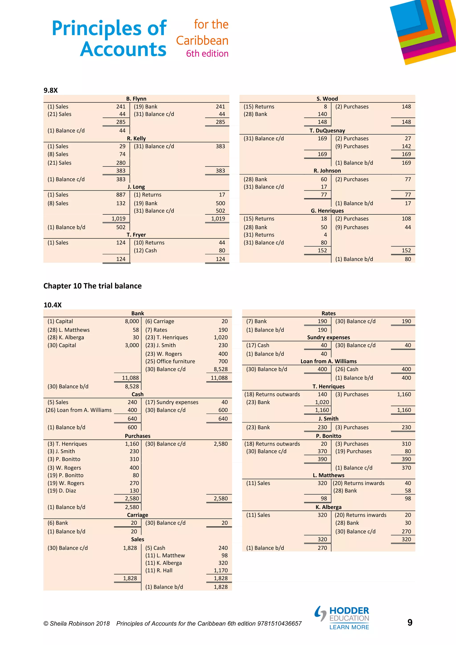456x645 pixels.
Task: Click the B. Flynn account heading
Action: (136, 99)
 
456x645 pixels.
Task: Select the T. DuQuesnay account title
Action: (327, 131)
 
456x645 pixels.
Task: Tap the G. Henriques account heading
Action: (327, 211)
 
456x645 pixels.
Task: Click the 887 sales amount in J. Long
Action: (121, 195)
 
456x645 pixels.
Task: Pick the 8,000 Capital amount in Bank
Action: (132, 321)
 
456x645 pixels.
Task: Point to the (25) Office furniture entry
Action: (170, 361)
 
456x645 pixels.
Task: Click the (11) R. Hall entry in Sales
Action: (159, 570)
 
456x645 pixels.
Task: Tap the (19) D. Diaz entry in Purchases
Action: (62, 490)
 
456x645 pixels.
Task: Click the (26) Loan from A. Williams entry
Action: (79, 410)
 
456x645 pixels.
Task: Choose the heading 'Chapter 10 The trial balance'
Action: (92, 286)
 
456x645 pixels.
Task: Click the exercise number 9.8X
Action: (51, 90)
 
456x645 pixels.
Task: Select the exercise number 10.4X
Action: (53, 305)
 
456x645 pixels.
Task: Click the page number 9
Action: (410, 623)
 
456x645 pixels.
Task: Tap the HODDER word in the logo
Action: (349, 610)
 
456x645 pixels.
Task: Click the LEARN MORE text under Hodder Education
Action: (349, 627)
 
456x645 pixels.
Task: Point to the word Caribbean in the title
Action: (202, 41)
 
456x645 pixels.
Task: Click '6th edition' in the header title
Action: (207, 53)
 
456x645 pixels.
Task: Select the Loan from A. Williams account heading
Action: (328, 361)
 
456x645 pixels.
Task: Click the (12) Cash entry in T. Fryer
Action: (145, 250)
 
